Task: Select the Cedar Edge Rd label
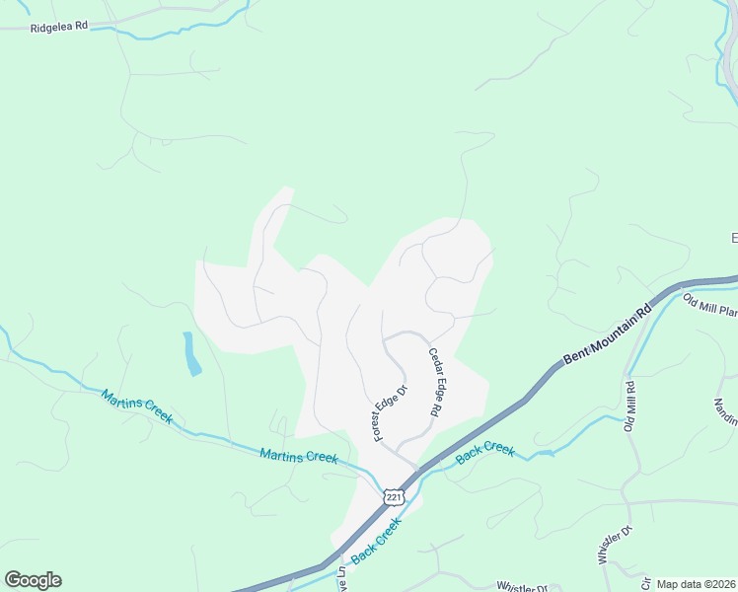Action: coord(434,382)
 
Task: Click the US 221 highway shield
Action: coord(394,496)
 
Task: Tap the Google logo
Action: coord(33,580)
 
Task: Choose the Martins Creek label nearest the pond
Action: coord(136,406)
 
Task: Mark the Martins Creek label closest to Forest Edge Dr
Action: coord(298,456)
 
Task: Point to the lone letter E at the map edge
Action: coord(733,238)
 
